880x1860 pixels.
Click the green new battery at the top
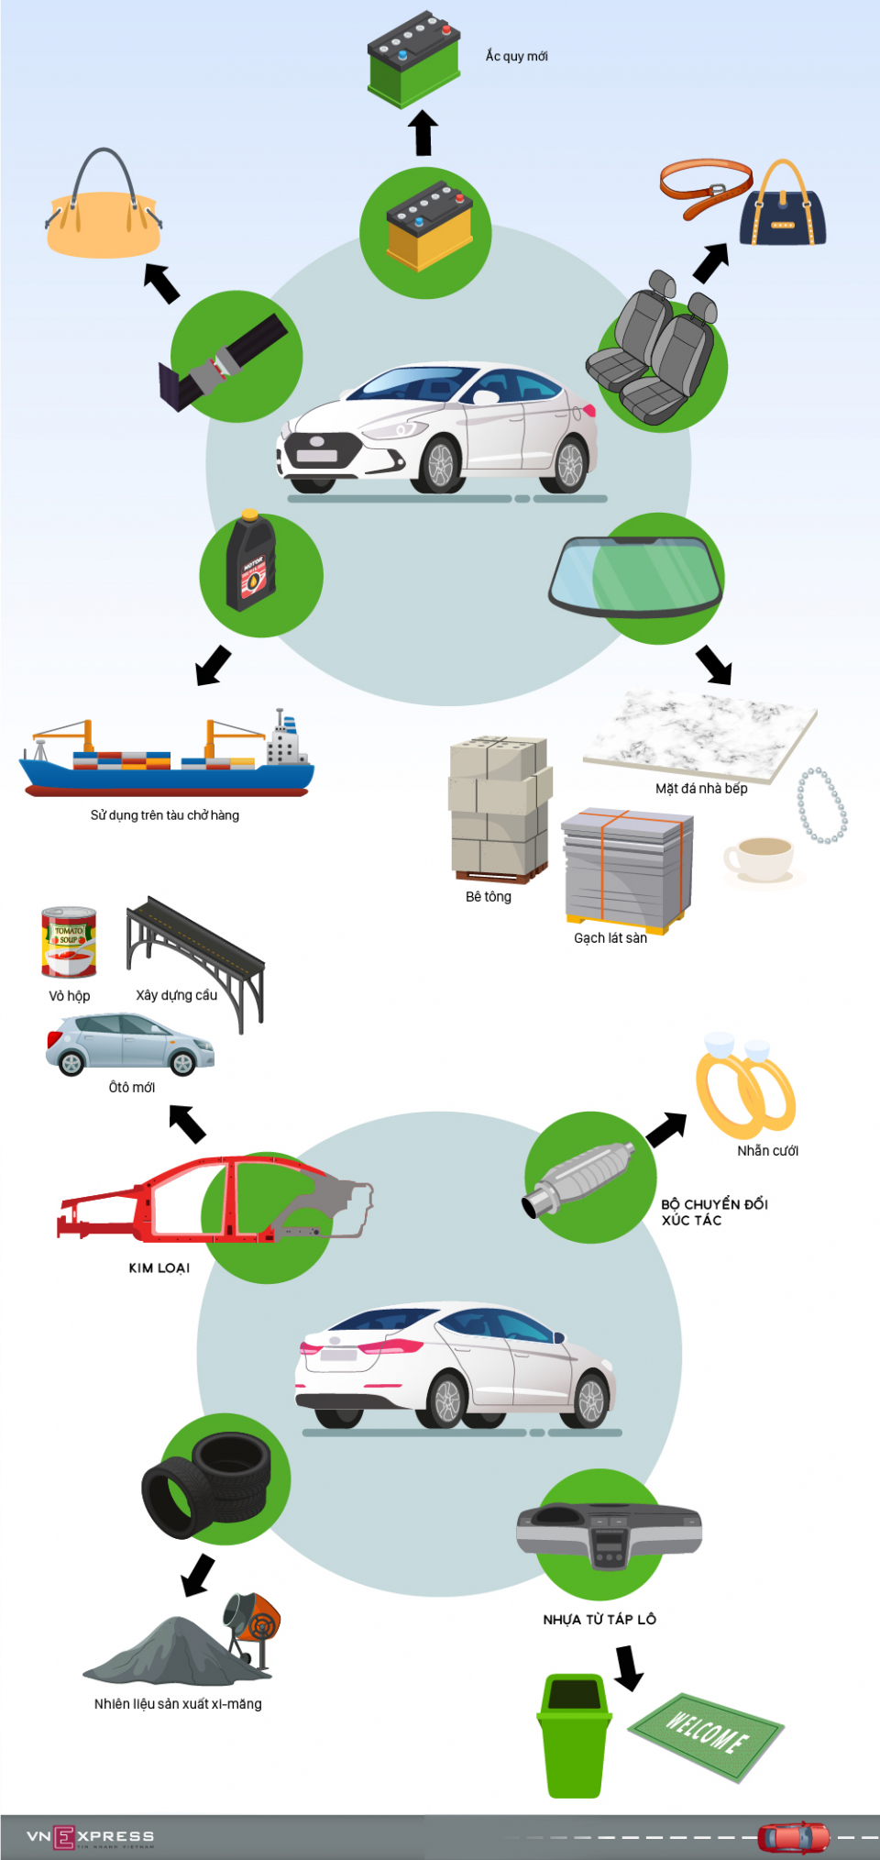pyautogui.click(x=413, y=60)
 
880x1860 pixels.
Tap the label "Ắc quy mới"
pyautogui.click(x=516, y=56)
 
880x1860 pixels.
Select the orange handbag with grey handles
pyautogui.click(x=104, y=220)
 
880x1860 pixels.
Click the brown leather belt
pyautogui.click(x=704, y=188)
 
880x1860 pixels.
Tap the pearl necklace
pyautogui.click(x=822, y=806)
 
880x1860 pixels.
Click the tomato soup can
pyautogui.click(x=69, y=942)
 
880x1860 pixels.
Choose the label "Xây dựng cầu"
pyautogui.click(x=176, y=995)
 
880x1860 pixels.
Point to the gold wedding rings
pyautogui.click(x=744, y=1088)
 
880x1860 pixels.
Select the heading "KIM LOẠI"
pyautogui.click(x=159, y=1268)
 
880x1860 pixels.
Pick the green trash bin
pyautogui.click(x=574, y=1735)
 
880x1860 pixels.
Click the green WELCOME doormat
pyautogui.click(x=706, y=1735)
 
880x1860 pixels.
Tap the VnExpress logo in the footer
pyautogui.click(x=90, y=1836)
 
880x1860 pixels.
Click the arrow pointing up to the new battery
pyautogui.click(x=423, y=133)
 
